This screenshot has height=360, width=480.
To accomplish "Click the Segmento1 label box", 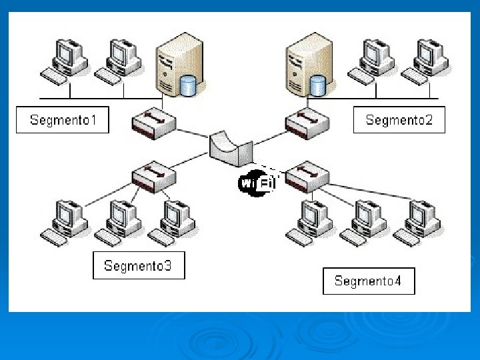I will [x=62, y=120].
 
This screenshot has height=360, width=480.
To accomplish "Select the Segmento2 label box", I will [x=399, y=120].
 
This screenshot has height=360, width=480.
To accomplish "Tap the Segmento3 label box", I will [x=138, y=265].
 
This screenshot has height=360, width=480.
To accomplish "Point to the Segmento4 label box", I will [x=368, y=281].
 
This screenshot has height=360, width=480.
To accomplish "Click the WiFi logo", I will [x=257, y=183].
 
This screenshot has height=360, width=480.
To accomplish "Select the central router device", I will [x=230, y=149].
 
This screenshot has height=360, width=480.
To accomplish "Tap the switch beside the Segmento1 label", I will [x=153, y=123].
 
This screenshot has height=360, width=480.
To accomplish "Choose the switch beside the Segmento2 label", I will [x=307, y=123].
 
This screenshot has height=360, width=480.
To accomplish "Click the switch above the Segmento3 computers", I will [x=153, y=177].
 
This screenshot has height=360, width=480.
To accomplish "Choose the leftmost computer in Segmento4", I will [x=311, y=221].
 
